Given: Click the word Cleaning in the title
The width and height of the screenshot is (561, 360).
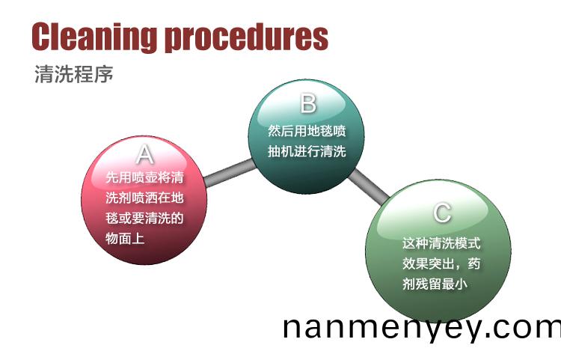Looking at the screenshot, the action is pos(94,37).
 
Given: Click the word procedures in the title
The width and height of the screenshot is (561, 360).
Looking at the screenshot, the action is pos(246,38).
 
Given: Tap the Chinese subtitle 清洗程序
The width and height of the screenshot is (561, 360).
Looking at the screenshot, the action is pos(74,74).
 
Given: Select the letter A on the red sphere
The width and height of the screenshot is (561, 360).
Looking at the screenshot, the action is pos(145,154).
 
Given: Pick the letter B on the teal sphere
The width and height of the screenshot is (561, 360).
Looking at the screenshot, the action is pos(308,103).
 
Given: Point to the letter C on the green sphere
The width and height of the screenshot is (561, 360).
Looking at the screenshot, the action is pos(442,213).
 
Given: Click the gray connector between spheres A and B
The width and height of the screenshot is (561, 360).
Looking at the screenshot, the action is pos(230,173).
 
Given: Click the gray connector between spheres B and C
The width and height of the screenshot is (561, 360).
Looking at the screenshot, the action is pos(368,186).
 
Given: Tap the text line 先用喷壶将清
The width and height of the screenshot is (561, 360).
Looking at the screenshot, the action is pos(144,177).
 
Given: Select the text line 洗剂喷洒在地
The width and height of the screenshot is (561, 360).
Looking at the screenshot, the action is pos(144,198).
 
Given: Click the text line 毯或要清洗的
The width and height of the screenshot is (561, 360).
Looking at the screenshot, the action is pos(144,218).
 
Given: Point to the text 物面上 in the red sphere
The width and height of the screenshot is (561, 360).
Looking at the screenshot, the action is pos(125,238).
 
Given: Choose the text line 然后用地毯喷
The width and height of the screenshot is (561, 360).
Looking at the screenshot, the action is pos(307,131).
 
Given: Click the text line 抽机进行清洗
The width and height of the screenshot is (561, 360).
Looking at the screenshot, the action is pos(307,151).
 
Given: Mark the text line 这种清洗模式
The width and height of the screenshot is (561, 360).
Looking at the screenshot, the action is pos(441,243).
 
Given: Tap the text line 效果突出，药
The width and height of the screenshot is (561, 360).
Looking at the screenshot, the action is pos(441,263).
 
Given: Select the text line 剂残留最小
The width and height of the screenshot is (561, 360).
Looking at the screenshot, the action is pos(435,284).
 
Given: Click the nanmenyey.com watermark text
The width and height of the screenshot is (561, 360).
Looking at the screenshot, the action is pos(422,329).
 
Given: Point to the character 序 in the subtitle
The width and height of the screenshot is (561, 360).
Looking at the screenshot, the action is pos(104,74).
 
